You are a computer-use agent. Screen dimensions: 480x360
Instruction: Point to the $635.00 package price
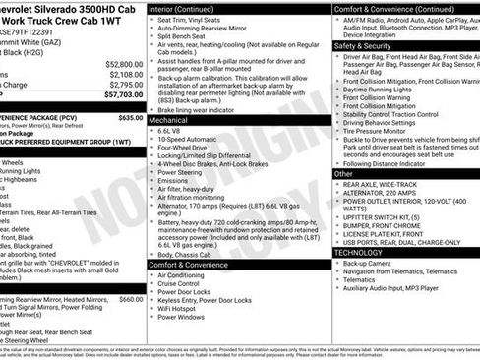130,117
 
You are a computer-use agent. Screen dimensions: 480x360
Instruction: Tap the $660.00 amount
130,299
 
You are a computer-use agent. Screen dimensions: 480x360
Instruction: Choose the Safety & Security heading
362,45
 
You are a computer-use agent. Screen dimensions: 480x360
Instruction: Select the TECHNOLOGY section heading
358,252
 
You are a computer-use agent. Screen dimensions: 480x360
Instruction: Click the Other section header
344,173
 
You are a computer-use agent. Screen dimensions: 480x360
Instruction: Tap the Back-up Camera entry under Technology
368,264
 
